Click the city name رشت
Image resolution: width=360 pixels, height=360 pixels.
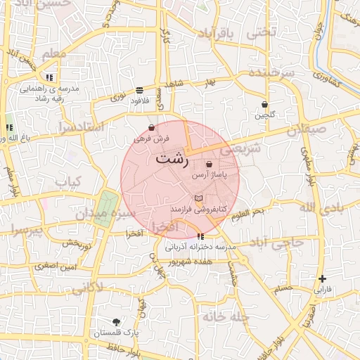(172, 159)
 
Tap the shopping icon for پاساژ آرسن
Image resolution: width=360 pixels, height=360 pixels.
(210, 165)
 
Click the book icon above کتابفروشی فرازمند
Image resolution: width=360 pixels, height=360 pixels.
(198, 200)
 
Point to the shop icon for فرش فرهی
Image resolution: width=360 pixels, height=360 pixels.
(152, 128)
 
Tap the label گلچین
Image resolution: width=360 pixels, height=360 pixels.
(265, 115)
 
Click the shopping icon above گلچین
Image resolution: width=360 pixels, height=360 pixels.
(264, 104)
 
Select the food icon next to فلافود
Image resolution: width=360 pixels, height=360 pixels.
(139, 90)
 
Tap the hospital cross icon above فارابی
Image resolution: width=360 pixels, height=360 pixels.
(322, 278)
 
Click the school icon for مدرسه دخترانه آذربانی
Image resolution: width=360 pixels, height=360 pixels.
(201, 236)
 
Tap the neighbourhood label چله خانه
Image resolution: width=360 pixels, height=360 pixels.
(226, 316)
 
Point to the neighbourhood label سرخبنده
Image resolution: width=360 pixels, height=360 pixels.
(264, 75)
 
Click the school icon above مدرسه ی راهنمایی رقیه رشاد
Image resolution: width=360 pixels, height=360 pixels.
(49, 77)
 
